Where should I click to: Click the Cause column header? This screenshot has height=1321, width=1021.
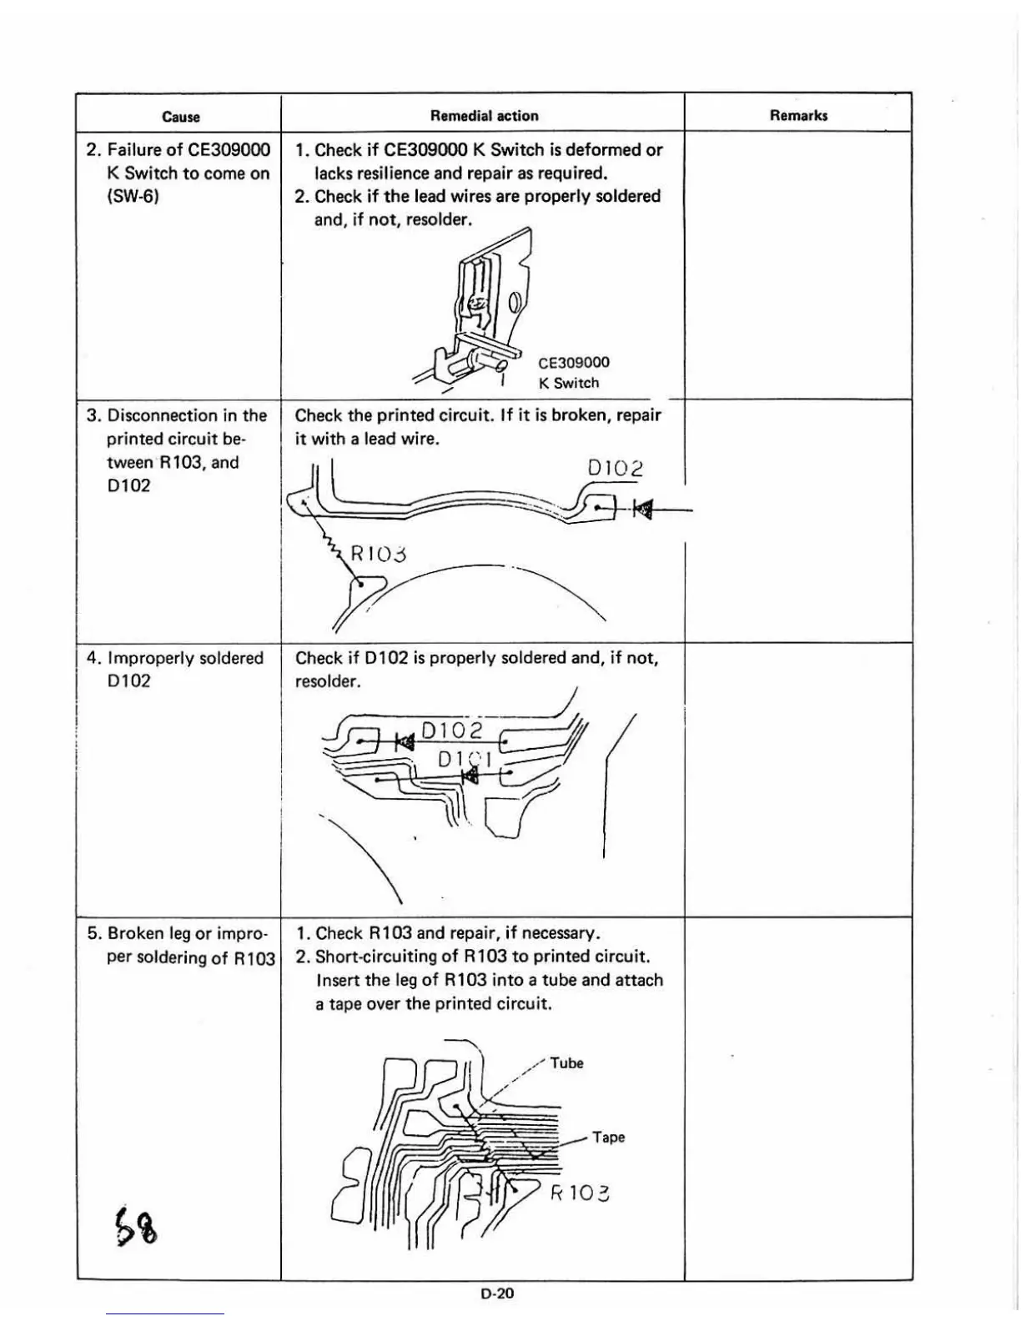click(x=181, y=117)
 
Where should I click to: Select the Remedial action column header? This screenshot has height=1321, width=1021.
click(x=484, y=116)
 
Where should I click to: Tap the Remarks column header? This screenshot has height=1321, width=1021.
click(x=798, y=116)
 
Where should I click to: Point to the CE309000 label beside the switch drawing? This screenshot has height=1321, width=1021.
click(x=574, y=363)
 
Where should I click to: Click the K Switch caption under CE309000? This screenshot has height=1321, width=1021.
click(x=569, y=383)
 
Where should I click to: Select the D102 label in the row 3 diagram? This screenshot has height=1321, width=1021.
click(x=616, y=469)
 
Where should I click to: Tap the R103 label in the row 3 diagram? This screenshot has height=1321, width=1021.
click(x=379, y=554)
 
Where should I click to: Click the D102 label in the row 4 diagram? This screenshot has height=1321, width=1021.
click(x=452, y=731)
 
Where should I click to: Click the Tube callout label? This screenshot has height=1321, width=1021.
click(x=566, y=1063)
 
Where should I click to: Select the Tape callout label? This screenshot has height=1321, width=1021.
click(x=608, y=1138)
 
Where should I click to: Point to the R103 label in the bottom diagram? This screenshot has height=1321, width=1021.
click(x=580, y=1193)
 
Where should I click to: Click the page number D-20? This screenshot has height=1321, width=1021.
click(x=497, y=1293)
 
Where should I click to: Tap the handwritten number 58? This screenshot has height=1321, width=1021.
click(x=138, y=1226)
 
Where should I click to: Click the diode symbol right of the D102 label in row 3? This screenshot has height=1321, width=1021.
click(x=642, y=507)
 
